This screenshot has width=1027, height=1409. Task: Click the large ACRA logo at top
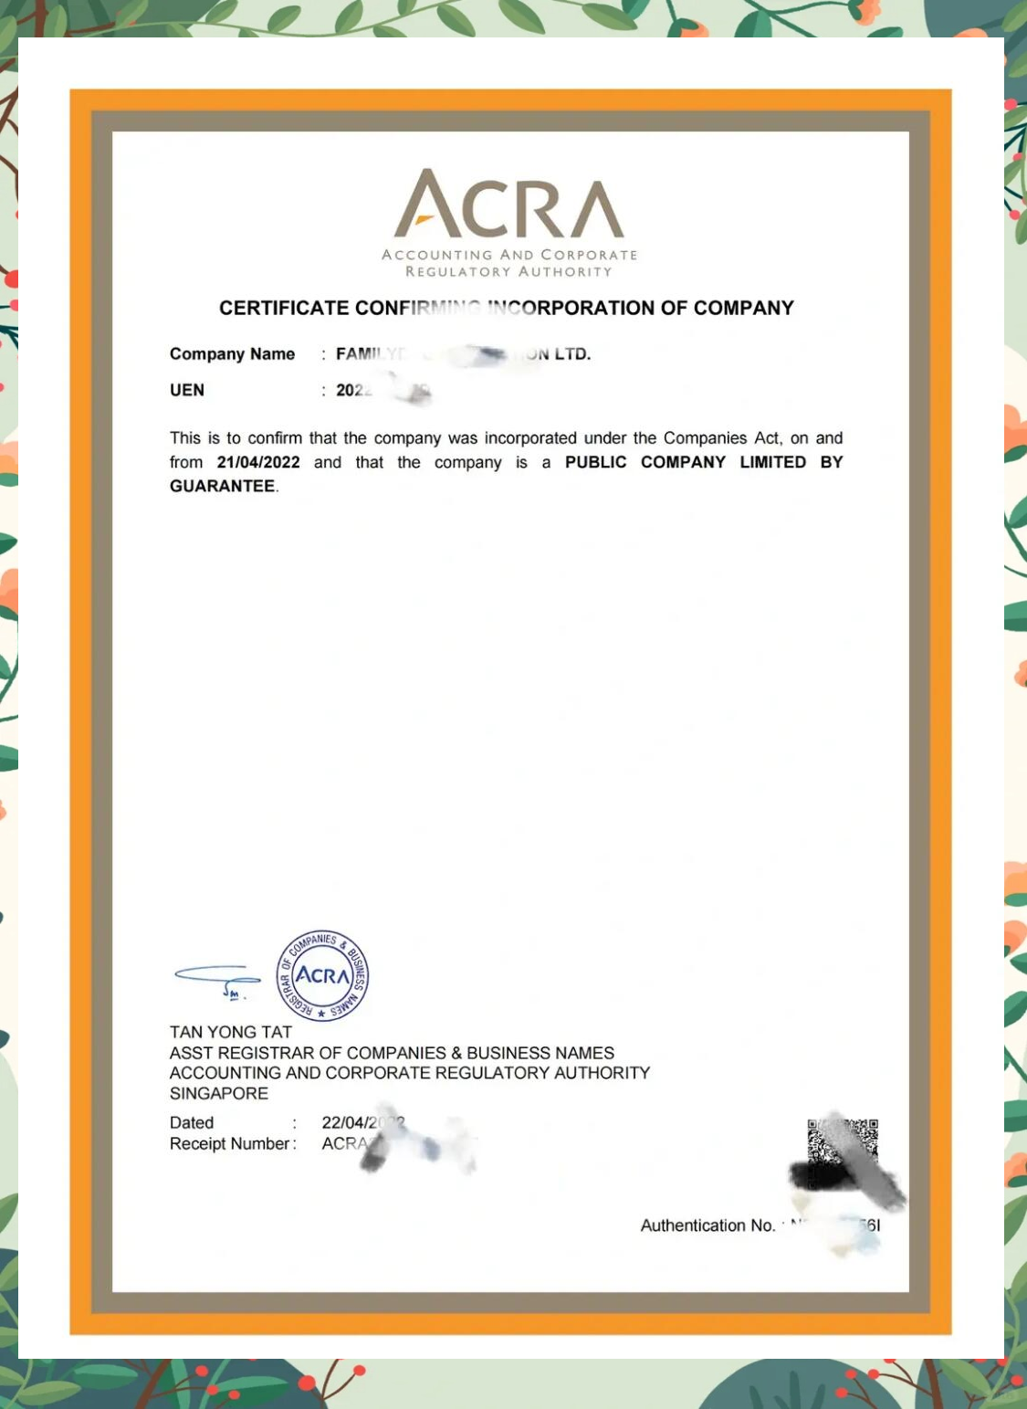tap(509, 205)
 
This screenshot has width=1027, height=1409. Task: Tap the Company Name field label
tap(232, 354)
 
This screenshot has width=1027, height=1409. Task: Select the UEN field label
tap(187, 390)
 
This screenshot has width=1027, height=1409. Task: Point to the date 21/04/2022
tap(258, 462)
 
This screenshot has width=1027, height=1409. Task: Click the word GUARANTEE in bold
tap(222, 486)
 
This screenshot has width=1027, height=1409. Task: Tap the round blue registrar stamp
tap(322, 975)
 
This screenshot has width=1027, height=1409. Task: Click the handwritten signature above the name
tap(217, 980)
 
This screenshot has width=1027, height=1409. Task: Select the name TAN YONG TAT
tap(230, 1032)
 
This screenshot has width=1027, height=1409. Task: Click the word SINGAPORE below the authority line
tap(219, 1093)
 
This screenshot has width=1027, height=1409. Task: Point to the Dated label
tap(192, 1122)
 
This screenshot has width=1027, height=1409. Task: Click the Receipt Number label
tap(231, 1143)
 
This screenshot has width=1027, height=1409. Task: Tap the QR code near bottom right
tap(842, 1152)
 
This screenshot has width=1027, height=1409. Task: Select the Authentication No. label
tap(707, 1225)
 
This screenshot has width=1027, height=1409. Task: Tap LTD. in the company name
tap(572, 354)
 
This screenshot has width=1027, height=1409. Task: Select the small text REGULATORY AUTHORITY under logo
tap(508, 271)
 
